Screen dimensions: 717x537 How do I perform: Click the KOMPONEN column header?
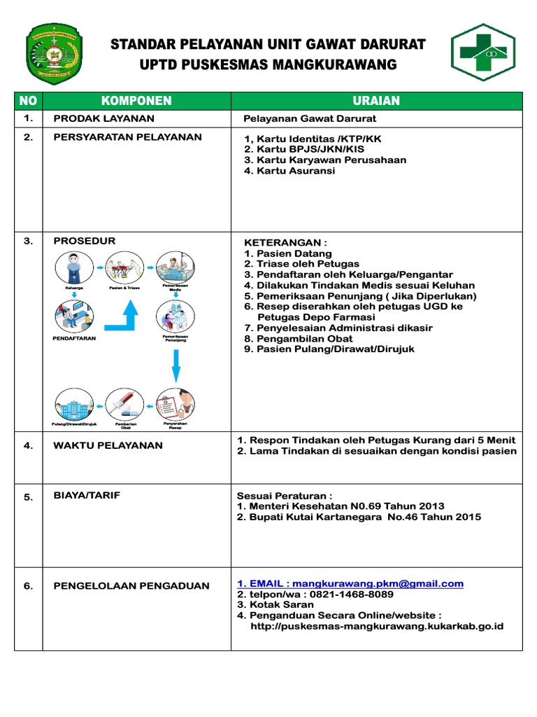coord(136,101)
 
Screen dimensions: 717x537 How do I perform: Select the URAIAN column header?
coord(376,101)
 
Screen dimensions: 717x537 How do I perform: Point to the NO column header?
coord(28,101)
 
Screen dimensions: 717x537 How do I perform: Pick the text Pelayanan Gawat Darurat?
coord(309,119)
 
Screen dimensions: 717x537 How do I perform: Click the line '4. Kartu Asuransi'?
coord(289,171)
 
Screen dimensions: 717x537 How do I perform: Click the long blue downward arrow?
coord(176,365)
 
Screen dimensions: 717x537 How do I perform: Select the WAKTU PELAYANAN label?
coord(108,445)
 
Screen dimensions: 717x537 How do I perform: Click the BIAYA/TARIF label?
coord(87,496)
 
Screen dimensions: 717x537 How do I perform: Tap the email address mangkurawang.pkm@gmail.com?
coord(378,583)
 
